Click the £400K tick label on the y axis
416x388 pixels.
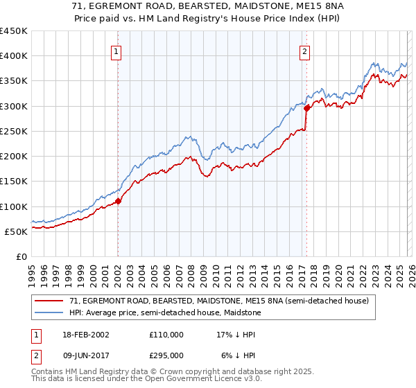pos(14,56)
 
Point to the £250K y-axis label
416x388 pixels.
pos(14,131)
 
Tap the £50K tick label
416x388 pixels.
pos(17,231)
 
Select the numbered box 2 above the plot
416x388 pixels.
pos(304,51)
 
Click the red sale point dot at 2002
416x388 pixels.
pos(118,202)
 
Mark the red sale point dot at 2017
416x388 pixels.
pos(306,109)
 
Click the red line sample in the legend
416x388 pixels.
pos(49,301)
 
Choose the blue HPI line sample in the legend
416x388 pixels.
pos(49,312)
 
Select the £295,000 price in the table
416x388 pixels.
pos(166,355)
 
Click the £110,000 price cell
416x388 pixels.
pos(166,334)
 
